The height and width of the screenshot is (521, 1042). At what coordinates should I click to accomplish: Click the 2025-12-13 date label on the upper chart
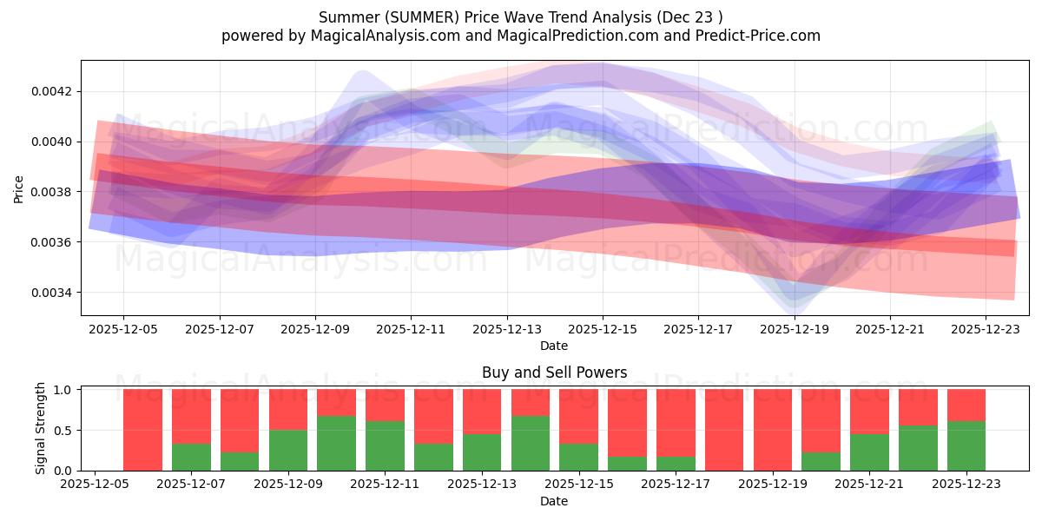point(507,329)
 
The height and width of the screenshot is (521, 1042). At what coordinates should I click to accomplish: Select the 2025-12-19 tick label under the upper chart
point(795,329)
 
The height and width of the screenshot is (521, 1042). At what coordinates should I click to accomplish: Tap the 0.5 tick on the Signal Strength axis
point(64,431)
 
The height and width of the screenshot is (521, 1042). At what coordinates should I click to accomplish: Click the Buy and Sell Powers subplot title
point(554,373)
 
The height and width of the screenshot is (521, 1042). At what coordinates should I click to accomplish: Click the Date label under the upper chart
point(554,346)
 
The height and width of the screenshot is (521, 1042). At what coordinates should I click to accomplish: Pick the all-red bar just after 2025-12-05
point(142,430)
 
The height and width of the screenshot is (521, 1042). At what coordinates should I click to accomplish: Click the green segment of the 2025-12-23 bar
point(966,446)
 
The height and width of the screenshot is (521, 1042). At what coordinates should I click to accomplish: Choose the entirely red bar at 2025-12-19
point(772,430)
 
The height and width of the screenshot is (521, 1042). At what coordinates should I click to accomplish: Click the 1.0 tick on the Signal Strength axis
point(64,390)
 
